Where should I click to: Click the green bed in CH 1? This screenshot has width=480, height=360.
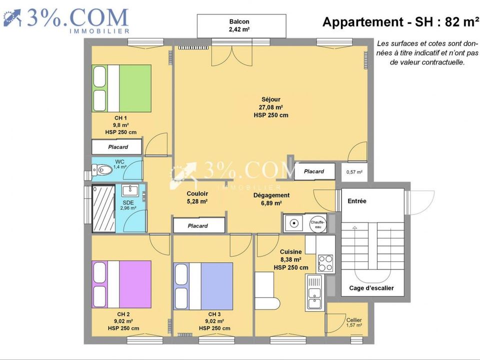tap(121, 88)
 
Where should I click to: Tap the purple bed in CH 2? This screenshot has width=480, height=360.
tap(121, 284)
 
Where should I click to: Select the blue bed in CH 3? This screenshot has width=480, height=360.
tap(203, 286)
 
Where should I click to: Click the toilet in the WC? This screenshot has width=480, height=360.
tap(102, 169)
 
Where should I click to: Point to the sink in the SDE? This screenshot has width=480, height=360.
tap(130, 190)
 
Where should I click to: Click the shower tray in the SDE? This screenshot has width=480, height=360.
tap(104, 208)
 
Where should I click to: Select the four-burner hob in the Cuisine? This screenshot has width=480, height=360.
tap(325, 263)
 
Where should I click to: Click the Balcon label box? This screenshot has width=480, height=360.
tap(241, 25)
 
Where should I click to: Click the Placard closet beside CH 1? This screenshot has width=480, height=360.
tap(117, 147)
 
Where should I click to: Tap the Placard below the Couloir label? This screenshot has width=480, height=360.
tap(199, 225)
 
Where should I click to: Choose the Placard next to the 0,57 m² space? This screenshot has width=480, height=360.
tap(314, 171)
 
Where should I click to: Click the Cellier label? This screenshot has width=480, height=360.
tap(354, 322)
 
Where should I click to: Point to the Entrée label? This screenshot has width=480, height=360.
tap(357, 201)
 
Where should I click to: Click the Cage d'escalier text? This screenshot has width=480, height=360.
tap(371, 288)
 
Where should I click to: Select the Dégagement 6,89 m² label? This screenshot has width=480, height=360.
tap(271, 199)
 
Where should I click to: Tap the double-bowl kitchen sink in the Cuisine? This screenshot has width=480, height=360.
tap(314, 292)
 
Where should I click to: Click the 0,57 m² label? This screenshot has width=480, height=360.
tap(354, 172)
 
